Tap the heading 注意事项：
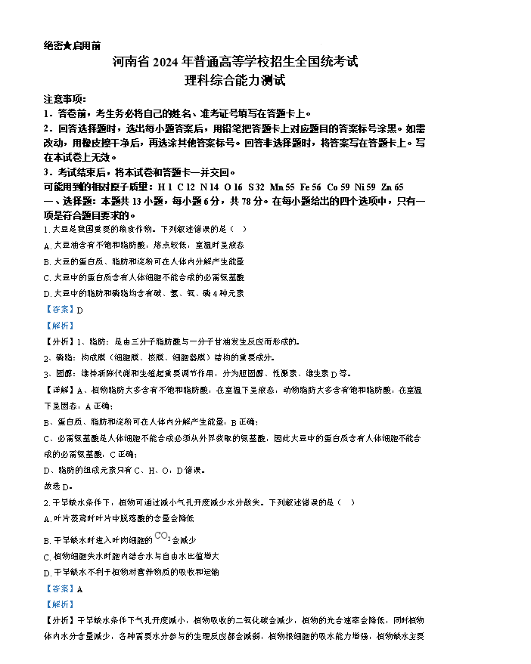point(65,100)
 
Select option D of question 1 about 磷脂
point(144,293)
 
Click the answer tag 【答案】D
point(64,309)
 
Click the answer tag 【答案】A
point(64,589)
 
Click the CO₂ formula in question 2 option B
point(162,538)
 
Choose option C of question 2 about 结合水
point(132,556)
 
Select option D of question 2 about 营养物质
point(132,573)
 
